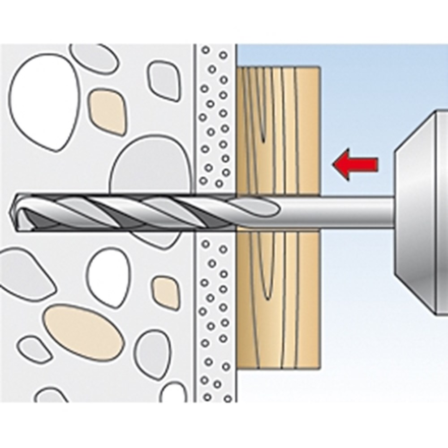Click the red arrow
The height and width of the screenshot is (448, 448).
[x=355, y=164]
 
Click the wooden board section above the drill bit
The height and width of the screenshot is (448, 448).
[x=278, y=130]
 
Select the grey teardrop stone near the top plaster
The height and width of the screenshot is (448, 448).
[x=164, y=81]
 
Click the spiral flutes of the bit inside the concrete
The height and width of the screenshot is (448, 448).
[x=112, y=213]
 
